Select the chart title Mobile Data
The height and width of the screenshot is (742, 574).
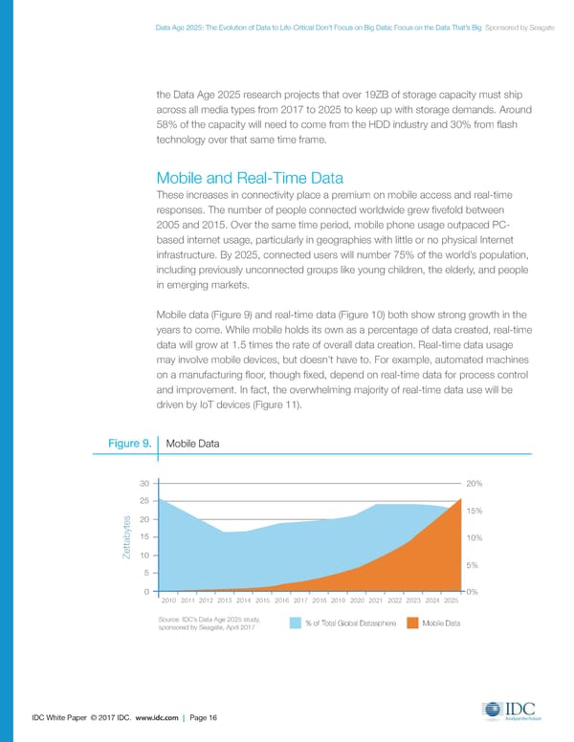point(193,444)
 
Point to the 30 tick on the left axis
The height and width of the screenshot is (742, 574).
point(144,483)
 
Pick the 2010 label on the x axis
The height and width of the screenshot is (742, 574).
point(170,600)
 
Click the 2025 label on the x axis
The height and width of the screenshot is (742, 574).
point(452,600)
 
